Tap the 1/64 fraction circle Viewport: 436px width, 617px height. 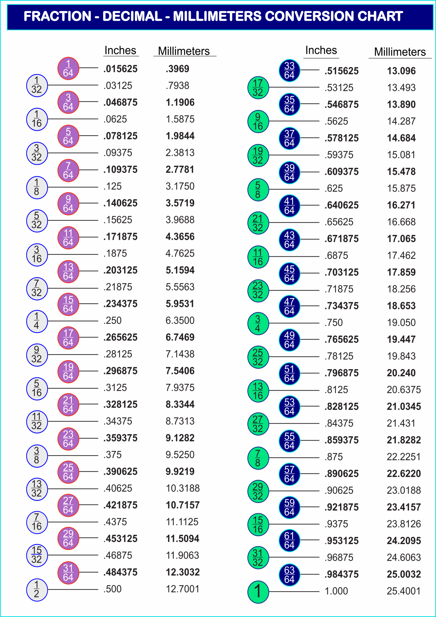68,68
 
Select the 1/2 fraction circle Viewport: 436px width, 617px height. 37,590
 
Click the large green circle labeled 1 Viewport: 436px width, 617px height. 258,592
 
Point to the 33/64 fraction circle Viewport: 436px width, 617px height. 289,70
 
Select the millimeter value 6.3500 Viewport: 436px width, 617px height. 180,321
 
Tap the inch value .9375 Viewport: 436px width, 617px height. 336,524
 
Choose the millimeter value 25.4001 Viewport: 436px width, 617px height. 403,591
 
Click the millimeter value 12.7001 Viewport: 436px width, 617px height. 182,589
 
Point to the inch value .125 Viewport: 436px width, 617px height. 112,187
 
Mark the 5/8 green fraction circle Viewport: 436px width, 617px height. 258,190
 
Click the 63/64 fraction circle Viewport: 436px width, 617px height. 289,575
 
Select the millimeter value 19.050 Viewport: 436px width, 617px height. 401,323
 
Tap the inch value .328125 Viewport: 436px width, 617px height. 120,404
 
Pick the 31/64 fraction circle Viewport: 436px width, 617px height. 68,573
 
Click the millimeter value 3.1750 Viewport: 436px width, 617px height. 180,187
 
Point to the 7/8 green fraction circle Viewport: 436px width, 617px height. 258,458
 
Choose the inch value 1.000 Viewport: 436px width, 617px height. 336,591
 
